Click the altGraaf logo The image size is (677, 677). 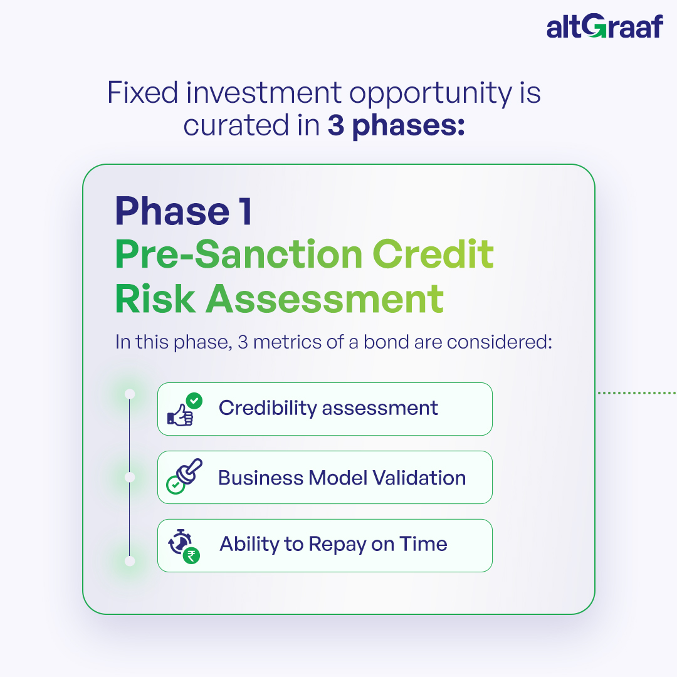coord(604,26)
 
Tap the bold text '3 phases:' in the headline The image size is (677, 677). coord(396,125)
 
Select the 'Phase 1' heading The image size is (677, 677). coord(184,211)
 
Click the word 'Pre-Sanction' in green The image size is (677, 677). coord(239,255)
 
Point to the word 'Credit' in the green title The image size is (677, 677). coord(433,255)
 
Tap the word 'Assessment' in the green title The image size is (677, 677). coord(325,299)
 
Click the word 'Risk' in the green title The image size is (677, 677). coord(155,299)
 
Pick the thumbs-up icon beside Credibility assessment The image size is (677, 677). coord(185,409)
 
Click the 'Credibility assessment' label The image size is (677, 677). coord(328,408)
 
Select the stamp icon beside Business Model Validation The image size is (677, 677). coord(184,476)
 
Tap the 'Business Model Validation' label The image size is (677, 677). coord(342,478)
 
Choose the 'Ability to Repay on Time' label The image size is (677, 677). coord(333,545)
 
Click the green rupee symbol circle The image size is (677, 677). coord(191,555)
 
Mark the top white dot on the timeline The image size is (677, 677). coord(130,394)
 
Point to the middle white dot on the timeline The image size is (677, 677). coord(130,478)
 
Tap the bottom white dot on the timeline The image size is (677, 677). coord(130,561)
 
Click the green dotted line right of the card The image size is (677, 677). coord(638,393)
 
